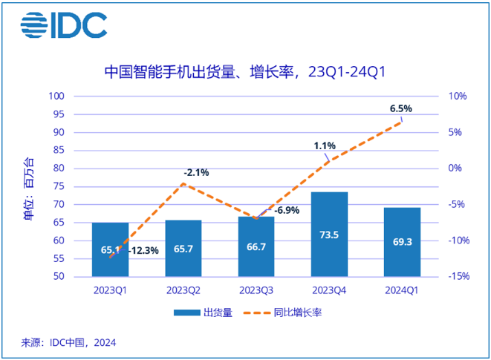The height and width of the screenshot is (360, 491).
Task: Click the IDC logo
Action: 64,25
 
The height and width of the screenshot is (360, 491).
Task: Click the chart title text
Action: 245,72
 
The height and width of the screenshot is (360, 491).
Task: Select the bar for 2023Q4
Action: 328,234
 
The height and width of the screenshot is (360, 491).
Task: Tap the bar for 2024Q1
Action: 401,241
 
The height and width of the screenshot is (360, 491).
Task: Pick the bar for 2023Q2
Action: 183,248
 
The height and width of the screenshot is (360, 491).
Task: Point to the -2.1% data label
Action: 196,173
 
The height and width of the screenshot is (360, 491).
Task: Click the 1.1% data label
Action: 325,146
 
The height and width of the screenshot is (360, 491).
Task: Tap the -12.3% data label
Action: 143,251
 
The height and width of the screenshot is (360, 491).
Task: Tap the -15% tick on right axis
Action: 457,277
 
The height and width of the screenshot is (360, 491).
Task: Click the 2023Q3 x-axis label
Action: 256,291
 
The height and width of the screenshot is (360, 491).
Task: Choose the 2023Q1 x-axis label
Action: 110,291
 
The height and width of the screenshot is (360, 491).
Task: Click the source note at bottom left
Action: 68,343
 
